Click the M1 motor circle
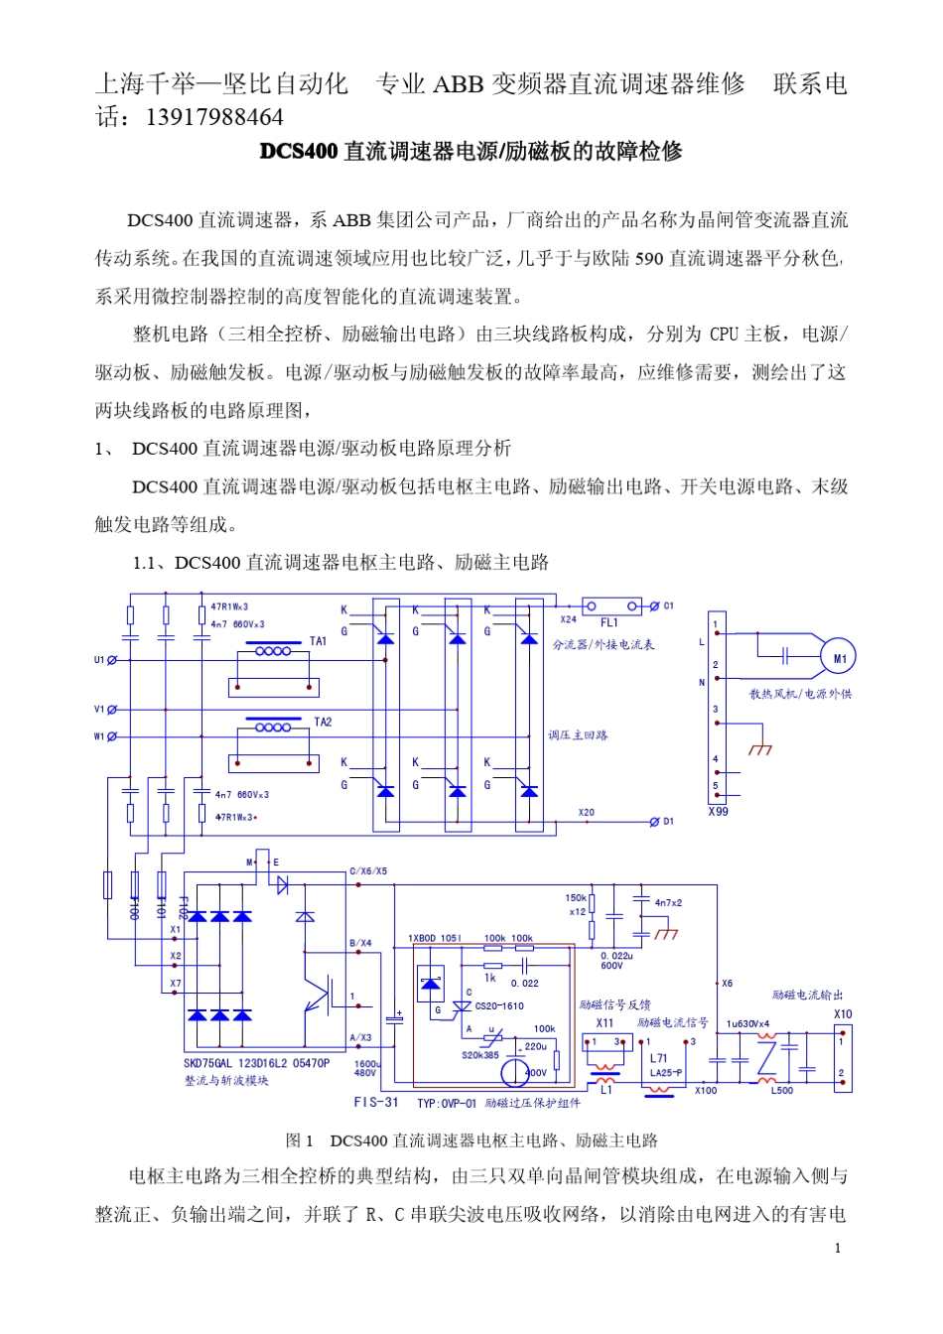(839, 657)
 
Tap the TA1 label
(318, 641)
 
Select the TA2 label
(323, 722)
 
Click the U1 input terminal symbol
(111, 660)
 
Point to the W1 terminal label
(99, 736)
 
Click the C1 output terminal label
(668, 605)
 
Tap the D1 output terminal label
(668, 822)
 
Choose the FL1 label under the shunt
(608, 622)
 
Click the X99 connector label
(718, 811)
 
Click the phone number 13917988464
(214, 117)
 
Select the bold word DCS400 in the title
(299, 151)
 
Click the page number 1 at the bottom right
(838, 1248)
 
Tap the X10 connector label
(842, 1014)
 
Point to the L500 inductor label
(782, 1090)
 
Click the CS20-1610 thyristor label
(499, 1006)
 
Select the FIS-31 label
(376, 1103)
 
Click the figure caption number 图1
(300, 1140)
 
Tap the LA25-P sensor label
(665, 1073)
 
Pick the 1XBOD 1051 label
(435, 938)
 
